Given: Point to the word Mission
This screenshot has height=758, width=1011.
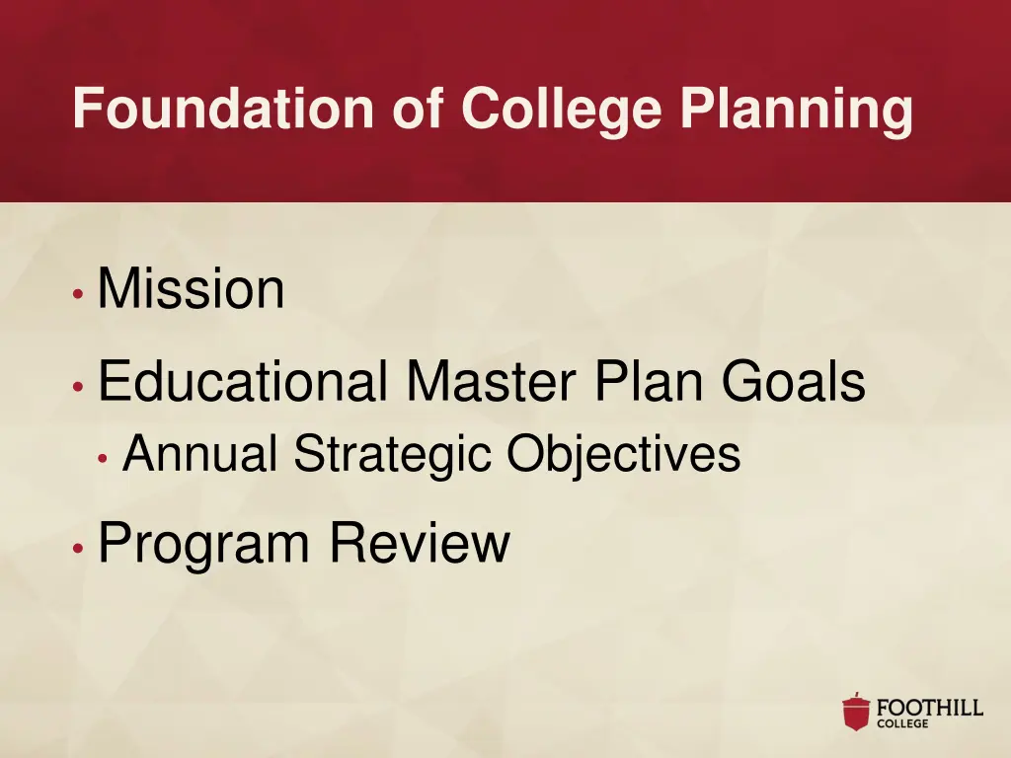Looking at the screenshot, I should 191,290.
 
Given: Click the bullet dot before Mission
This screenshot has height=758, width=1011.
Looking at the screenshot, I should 77,294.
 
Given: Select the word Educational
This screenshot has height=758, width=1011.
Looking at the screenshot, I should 243,383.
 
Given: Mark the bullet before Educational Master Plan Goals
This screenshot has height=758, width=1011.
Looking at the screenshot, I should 77,387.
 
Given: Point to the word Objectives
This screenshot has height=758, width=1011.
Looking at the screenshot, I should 623,455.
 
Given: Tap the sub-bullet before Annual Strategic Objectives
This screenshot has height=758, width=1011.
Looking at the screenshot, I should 103,458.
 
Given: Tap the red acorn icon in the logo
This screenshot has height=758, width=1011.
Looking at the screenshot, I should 856,712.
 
